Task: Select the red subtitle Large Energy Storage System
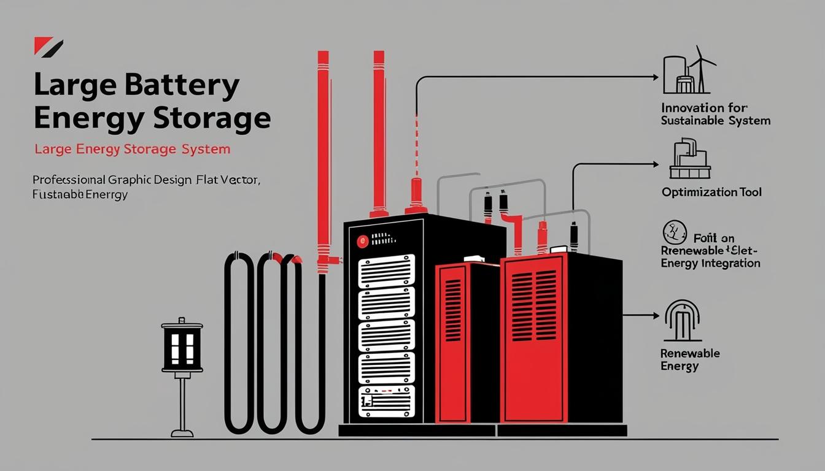coord(133,149)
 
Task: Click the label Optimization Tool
coord(711,193)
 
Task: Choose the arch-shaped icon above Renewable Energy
coord(682,320)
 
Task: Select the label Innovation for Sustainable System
coord(715,114)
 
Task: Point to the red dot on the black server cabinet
coord(361,242)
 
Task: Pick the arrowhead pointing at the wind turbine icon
coord(655,77)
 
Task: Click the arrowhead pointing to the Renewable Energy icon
coord(656,316)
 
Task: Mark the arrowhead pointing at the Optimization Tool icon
coord(655,164)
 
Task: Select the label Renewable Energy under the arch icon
coord(690,360)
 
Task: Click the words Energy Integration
coord(710,263)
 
